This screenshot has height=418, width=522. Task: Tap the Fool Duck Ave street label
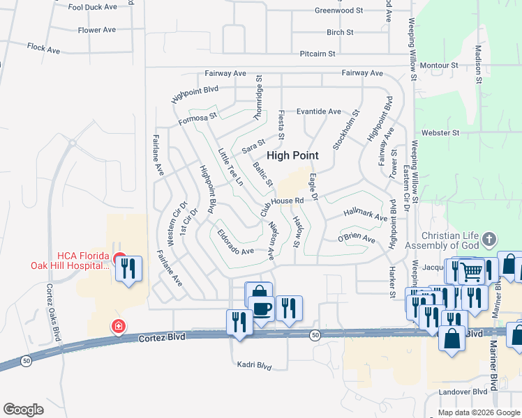(x=92, y=7)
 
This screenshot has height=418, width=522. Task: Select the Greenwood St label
(x=339, y=10)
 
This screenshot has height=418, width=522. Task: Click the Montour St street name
(x=439, y=65)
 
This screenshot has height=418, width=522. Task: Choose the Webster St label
(x=441, y=132)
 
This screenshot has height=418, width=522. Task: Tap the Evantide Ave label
(x=318, y=111)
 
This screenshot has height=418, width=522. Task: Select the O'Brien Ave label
(x=357, y=240)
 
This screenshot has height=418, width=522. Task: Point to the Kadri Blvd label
(x=254, y=365)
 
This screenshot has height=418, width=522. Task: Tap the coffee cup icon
(x=262, y=308)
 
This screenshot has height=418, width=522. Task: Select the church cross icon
(x=489, y=240)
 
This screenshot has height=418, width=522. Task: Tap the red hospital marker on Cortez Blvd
(x=119, y=325)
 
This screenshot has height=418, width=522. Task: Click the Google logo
(x=23, y=409)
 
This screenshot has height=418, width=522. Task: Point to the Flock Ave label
(x=41, y=47)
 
